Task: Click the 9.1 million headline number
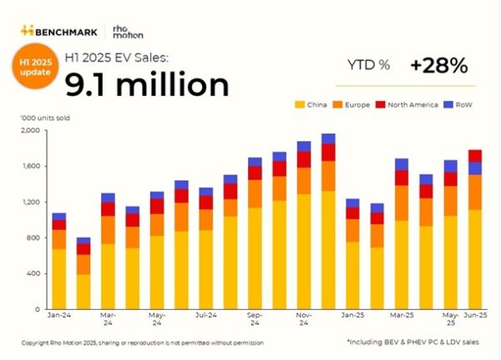[x=147, y=84]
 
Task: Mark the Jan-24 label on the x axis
[x=58, y=317]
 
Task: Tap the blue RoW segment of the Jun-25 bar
[x=475, y=168]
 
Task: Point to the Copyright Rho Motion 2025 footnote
[x=142, y=342]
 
